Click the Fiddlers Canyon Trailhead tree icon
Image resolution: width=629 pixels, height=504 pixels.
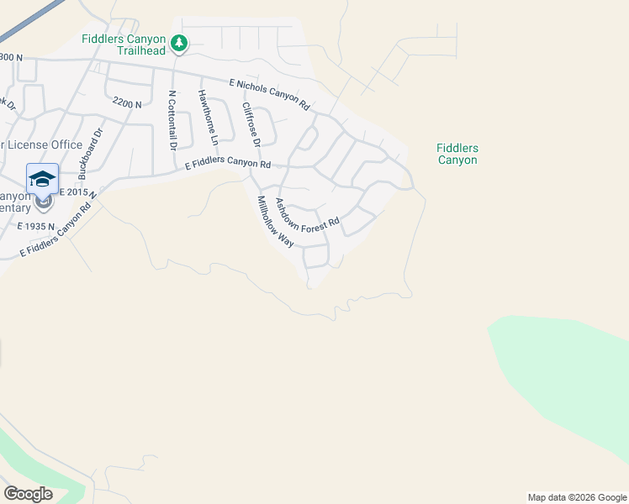(178, 42)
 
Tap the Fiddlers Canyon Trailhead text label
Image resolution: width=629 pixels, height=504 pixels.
(124, 44)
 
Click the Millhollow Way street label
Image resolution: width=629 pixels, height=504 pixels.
(274, 221)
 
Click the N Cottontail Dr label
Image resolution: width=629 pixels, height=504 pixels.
(172, 120)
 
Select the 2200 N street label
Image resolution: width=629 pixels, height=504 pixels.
(126, 102)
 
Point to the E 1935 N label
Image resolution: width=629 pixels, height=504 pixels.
(35, 226)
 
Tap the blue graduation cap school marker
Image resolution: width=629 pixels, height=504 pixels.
(42, 179)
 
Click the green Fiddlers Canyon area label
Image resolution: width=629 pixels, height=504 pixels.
(457, 154)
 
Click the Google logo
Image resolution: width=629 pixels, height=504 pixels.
(28, 493)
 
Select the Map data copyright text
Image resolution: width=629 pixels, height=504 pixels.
(576, 497)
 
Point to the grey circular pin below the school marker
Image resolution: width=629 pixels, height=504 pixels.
(43, 202)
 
